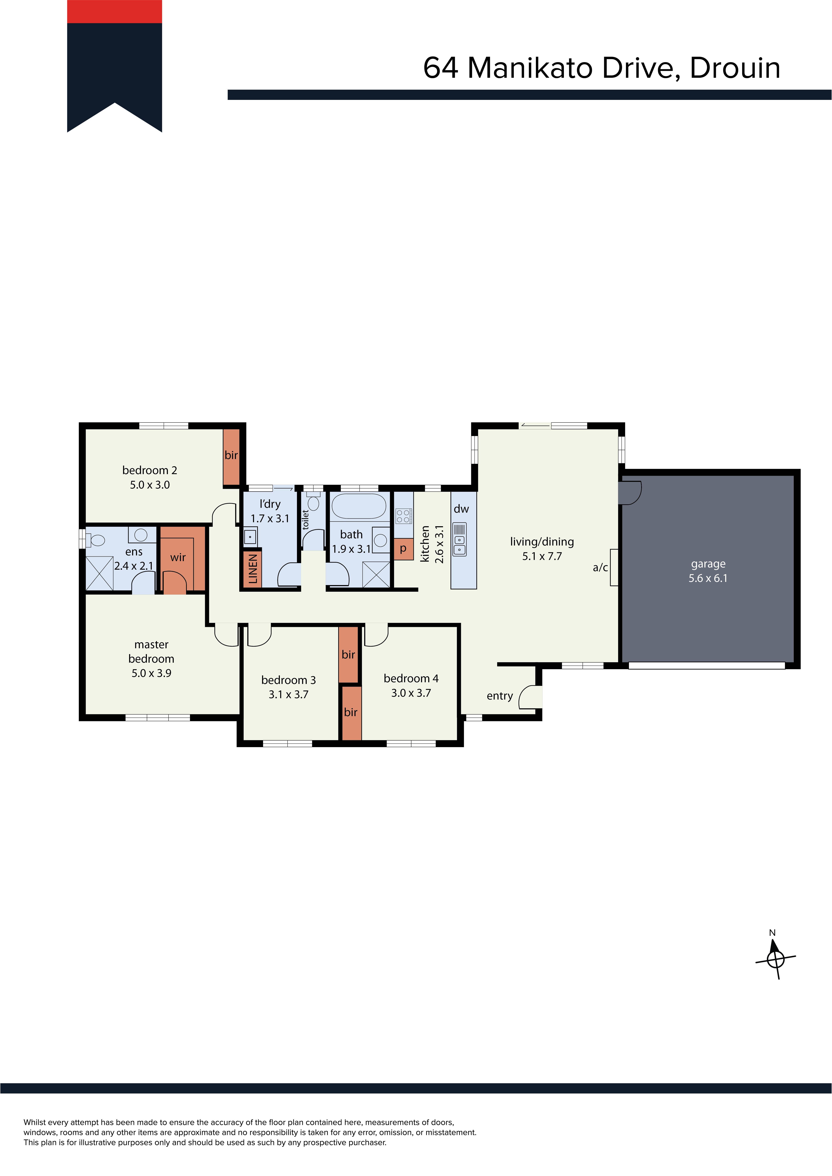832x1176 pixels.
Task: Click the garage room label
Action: click(x=708, y=564)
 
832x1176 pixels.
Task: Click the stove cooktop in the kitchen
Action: click(x=403, y=516)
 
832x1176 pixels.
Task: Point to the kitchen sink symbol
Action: click(x=460, y=539)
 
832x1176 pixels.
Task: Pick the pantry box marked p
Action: click(x=404, y=549)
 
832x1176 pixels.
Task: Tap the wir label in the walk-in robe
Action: click(x=178, y=557)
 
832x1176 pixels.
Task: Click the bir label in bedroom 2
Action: click(x=231, y=455)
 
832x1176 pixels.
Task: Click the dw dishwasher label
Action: click(x=461, y=509)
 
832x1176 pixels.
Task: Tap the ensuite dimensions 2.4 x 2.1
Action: click(x=134, y=566)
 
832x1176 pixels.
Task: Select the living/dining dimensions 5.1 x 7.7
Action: click(x=542, y=556)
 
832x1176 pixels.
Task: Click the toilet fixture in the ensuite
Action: click(x=95, y=540)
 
